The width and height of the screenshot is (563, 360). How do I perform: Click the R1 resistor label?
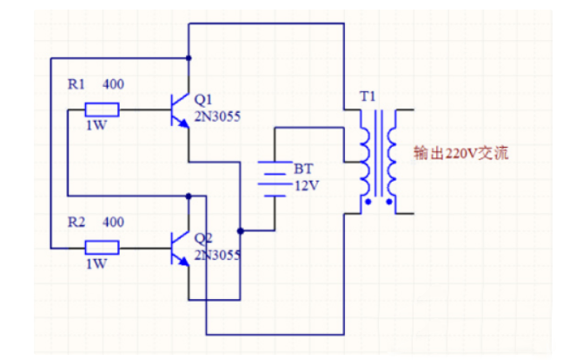[x=76, y=85]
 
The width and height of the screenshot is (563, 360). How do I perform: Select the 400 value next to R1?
[x=113, y=85]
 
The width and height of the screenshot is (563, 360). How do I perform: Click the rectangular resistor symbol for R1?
[x=103, y=110]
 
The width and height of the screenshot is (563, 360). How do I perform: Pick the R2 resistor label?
[x=76, y=222]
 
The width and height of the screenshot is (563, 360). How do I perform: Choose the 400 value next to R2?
[x=113, y=222]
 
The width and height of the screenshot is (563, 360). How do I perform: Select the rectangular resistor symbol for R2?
[x=103, y=248]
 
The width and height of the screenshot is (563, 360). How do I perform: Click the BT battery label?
[x=303, y=168]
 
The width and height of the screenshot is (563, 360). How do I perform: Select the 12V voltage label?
[x=307, y=185]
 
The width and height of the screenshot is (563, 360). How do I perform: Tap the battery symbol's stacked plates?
[x=275, y=179]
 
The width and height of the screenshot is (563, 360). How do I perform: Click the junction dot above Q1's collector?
[x=189, y=59]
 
